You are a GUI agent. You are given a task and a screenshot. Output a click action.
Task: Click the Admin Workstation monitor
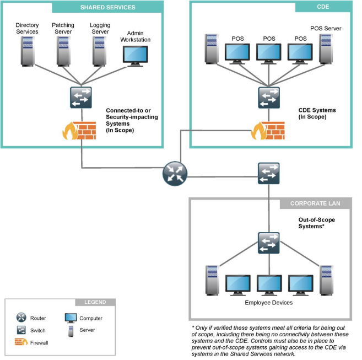pos(135,56)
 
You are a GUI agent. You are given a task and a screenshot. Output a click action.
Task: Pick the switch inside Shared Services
pos(81,97)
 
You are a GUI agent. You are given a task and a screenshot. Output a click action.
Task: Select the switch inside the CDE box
pos(269,98)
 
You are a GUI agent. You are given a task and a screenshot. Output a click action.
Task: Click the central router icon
pos(175,174)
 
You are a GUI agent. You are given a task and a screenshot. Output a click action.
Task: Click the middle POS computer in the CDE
pos(269,53)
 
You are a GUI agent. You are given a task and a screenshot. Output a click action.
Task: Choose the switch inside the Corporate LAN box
pos(268,243)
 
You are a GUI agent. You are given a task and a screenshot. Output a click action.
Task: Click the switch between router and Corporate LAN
pos(269,173)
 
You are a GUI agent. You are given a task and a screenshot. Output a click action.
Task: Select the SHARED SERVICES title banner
pos(107,7)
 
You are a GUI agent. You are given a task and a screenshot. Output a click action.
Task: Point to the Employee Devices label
pos(268,303)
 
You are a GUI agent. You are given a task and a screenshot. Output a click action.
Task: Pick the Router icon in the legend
pos(21,318)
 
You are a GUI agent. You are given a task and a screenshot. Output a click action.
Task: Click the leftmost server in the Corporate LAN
pos(212,278)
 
